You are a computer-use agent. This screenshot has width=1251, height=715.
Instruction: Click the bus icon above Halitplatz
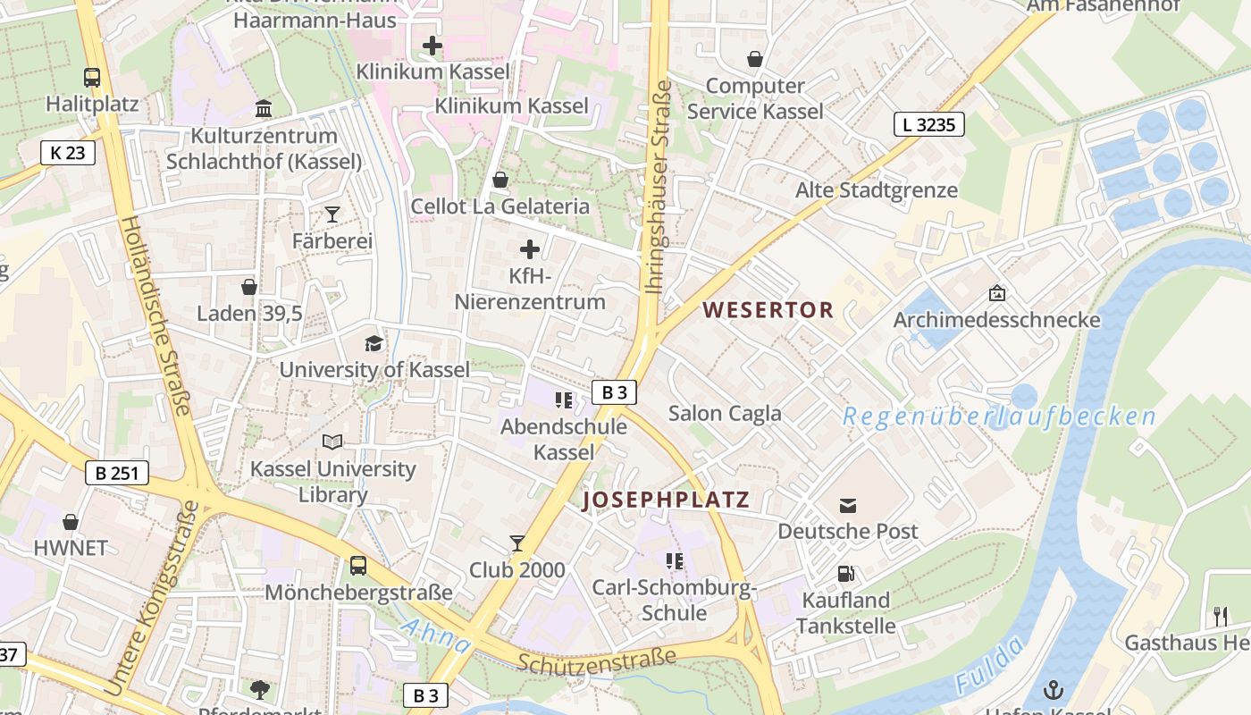tap(92, 78)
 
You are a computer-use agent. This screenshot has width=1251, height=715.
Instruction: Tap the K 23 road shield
tap(68, 153)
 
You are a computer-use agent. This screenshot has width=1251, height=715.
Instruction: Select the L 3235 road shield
tap(929, 124)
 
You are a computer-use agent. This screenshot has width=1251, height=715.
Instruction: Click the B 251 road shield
tap(117, 472)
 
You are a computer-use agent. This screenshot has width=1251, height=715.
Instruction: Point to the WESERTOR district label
tap(768, 310)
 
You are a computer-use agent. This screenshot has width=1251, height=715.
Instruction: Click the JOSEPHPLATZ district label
tap(666, 500)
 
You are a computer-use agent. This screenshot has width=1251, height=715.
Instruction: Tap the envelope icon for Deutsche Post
tap(848, 506)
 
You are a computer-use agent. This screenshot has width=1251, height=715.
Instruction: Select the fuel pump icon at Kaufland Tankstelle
tap(845, 574)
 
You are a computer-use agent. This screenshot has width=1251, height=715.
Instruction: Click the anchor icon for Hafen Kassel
tap(1054, 690)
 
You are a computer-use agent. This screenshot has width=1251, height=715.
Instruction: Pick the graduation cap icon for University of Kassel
tap(374, 343)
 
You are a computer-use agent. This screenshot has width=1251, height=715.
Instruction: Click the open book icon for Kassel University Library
tap(332, 442)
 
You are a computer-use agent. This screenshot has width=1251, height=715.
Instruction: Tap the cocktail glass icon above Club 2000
tap(517, 543)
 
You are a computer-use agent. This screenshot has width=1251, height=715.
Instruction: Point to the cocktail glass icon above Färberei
tap(332, 214)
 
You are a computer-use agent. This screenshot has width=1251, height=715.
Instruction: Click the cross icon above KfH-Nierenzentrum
tap(530, 248)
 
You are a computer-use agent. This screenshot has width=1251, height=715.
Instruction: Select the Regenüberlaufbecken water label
tap(999, 416)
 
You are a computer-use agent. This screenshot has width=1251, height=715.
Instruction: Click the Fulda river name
tap(989, 667)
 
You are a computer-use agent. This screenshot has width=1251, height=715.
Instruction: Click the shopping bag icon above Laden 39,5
tap(249, 287)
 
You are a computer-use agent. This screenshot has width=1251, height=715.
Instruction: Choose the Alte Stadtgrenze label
tap(877, 190)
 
